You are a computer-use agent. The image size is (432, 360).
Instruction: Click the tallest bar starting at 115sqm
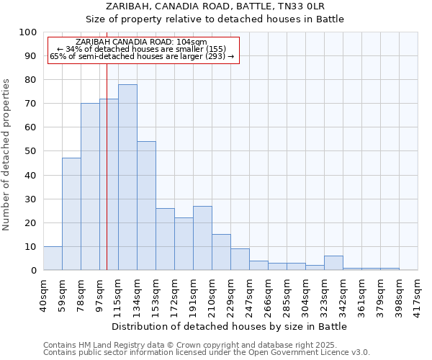click(127, 177)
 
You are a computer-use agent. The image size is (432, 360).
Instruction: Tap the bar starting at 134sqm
click(146, 205)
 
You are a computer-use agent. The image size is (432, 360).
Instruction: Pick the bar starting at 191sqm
click(202, 238)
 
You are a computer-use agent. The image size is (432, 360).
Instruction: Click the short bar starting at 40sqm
click(53, 258)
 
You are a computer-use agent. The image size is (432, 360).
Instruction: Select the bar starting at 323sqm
click(333, 263)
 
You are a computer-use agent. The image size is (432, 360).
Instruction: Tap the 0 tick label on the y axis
click(33, 271)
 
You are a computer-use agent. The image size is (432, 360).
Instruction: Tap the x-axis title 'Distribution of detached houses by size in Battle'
click(230, 326)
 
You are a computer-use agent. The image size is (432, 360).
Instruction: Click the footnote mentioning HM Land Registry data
click(206, 345)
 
